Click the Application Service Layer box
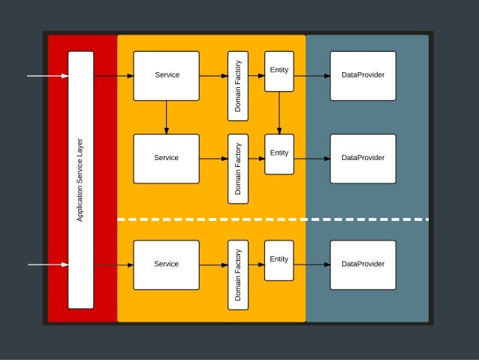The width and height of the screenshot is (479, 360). point(80,180)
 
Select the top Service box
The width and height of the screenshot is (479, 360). point(166,76)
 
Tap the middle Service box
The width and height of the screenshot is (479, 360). point(166,159)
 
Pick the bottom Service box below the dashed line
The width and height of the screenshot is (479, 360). point(166,265)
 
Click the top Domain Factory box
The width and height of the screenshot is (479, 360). point(238,86)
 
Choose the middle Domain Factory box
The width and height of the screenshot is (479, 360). point(238,169)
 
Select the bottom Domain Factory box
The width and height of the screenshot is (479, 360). point(238,275)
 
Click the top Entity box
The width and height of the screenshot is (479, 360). point(279,71)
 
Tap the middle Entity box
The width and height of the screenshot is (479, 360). point(279,154)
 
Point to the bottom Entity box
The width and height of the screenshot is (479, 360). point(279,260)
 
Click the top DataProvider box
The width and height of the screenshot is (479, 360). point(363,76)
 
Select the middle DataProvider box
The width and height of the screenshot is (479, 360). point(363,159)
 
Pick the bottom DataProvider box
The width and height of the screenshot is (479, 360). point(363,265)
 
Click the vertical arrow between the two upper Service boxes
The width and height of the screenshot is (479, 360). point(166,117)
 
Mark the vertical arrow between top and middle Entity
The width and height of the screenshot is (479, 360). point(279,113)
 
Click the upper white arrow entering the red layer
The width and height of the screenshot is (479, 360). point(47,76)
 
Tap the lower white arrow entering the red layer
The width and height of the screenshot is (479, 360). point(47,265)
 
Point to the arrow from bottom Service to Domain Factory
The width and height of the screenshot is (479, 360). point(213,265)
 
